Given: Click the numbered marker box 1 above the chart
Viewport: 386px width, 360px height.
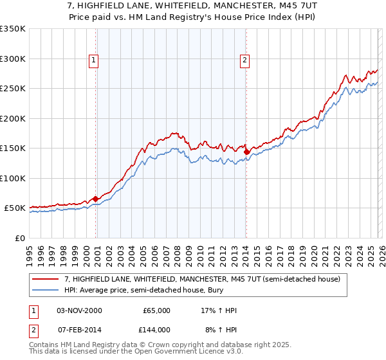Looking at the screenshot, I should point(94,61).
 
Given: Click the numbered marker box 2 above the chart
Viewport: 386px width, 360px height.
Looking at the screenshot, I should point(245,61).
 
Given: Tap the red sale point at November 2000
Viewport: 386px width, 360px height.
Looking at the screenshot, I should point(96,199).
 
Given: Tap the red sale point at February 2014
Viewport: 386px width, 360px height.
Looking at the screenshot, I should point(246,152).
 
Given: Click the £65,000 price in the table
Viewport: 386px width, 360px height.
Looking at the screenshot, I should point(156,310).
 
